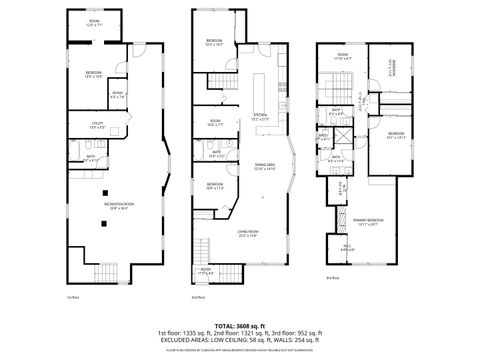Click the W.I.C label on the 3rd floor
347,248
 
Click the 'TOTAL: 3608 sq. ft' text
240,325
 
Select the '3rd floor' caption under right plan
332,277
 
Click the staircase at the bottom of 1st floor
104,274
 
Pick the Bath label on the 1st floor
91,157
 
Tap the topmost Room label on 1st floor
94,22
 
